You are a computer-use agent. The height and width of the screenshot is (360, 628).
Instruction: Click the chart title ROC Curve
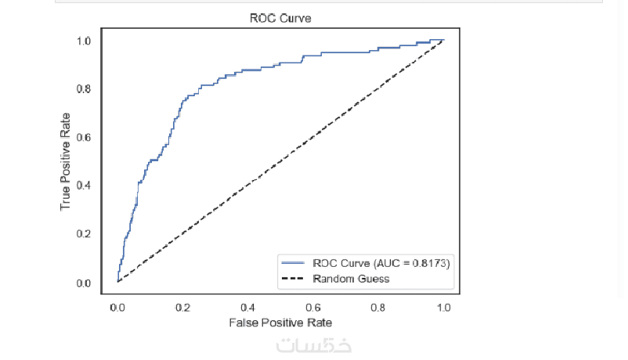[280, 18]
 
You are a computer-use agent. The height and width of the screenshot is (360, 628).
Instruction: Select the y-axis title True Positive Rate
[67, 160]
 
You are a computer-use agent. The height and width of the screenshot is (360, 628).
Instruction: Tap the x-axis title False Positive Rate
[280, 322]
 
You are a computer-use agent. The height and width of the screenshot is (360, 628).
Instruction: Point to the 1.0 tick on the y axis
[85, 41]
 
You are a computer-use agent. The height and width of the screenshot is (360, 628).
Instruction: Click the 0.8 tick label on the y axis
[85, 89]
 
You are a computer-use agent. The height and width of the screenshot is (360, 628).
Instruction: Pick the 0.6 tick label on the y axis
[85, 138]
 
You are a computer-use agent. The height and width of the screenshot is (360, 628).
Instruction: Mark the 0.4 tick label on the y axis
[85, 185]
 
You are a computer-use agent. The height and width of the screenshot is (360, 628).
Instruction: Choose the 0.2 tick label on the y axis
[85, 234]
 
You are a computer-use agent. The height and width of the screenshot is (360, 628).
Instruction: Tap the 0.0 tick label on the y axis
[85, 283]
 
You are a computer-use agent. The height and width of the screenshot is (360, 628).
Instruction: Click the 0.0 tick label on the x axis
[117, 308]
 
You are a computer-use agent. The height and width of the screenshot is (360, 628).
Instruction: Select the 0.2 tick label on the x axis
[182, 308]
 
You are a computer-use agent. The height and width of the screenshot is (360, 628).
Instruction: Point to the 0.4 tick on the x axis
[248, 308]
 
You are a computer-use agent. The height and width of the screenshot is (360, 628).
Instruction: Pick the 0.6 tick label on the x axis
[313, 308]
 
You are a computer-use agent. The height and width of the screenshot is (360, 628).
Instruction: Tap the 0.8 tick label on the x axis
[378, 308]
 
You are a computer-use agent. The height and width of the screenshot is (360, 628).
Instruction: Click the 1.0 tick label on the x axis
[444, 308]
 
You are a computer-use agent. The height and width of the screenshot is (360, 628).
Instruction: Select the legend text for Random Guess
[352, 278]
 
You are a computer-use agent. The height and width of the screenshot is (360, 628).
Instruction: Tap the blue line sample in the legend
[294, 264]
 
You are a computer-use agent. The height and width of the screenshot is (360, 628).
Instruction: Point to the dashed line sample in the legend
[294, 278]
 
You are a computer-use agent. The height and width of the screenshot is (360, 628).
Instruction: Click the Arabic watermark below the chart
[313, 345]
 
